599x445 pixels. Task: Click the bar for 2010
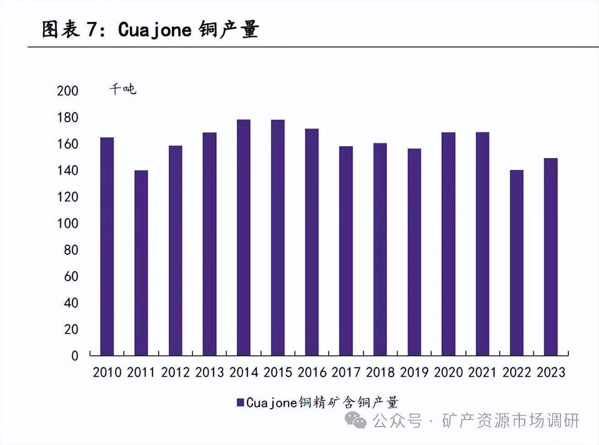point(107,246)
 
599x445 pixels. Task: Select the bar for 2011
point(141,263)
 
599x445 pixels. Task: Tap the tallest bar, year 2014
point(244,238)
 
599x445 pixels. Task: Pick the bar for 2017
point(346,251)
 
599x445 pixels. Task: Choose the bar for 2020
point(449,244)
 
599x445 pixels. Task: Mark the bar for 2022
point(517,263)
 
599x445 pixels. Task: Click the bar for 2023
point(551,257)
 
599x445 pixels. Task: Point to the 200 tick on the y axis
point(68,91)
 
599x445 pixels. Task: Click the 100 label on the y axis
point(68,223)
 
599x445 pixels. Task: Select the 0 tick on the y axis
point(75,356)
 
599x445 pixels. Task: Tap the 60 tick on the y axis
point(71,276)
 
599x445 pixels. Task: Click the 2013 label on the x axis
point(209,373)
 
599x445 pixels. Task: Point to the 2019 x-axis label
point(414,373)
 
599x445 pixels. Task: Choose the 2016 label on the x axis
point(312,373)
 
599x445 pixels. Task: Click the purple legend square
point(240,403)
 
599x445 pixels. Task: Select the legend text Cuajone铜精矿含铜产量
point(322,403)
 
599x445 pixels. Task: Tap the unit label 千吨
point(123,89)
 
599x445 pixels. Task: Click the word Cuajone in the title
point(155,30)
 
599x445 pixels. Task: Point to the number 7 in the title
point(91,30)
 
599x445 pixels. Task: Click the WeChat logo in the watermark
point(355,420)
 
